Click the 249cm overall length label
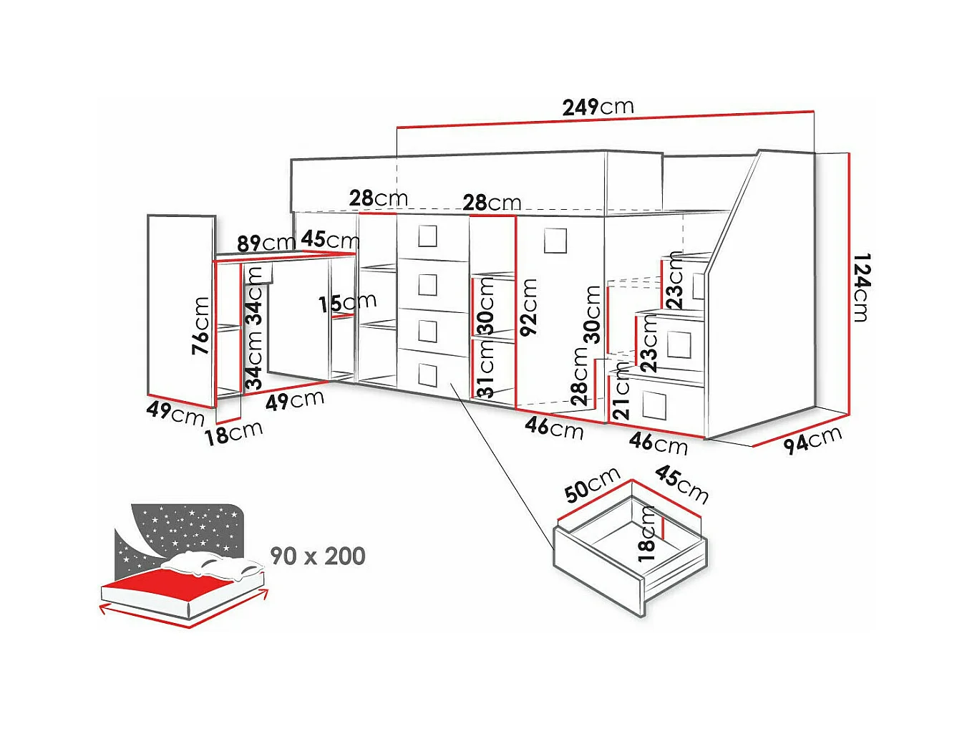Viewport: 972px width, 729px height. (x=598, y=107)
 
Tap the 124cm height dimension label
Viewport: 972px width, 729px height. (x=861, y=287)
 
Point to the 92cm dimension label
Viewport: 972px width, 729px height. (x=529, y=307)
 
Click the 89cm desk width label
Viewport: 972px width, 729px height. (x=266, y=243)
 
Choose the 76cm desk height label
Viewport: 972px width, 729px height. (x=200, y=325)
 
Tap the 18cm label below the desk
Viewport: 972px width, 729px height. (x=233, y=433)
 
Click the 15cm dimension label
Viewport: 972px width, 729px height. (x=347, y=303)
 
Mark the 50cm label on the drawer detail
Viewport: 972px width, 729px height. (x=593, y=485)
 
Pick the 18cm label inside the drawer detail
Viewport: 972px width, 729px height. (x=646, y=534)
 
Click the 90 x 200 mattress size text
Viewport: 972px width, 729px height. (x=318, y=556)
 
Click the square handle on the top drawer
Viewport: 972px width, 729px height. (x=427, y=236)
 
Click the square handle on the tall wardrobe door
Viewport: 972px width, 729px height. (x=555, y=241)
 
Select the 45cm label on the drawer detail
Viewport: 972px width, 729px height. (x=682, y=485)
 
